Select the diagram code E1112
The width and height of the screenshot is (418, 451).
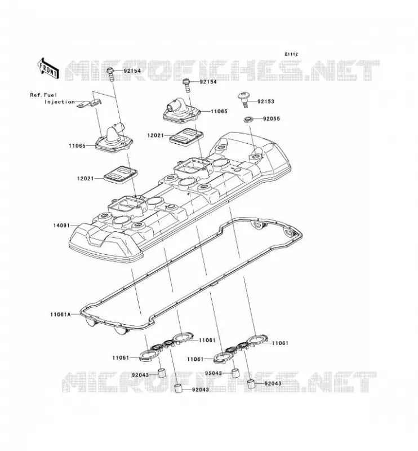click(x=291, y=54)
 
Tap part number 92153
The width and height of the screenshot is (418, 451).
click(x=266, y=101)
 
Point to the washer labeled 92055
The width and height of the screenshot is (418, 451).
click(x=248, y=118)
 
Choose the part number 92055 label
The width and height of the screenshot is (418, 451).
click(x=271, y=118)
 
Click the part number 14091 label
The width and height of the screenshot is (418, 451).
click(x=61, y=225)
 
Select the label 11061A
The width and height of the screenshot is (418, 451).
click(x=60, y=315)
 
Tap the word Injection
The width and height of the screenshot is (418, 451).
click(x=60, y=102)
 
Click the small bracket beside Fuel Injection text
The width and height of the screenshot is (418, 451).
click(x=90, y=103)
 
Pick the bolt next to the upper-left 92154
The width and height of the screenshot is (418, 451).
click(x=110, y=74)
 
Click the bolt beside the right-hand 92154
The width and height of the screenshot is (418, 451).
click(x=186, y=86)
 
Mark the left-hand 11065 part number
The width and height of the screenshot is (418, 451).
click(x=77, y=145)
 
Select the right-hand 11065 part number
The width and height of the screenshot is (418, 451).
click(x=219, y=111)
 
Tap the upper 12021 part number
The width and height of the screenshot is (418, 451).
click(x=155, y=135)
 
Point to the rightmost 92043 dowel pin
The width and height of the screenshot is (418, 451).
click(x=252, y=383)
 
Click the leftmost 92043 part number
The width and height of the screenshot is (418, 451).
click(x=140, y=375)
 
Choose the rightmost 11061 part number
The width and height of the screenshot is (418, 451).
click(x=280, y=343)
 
